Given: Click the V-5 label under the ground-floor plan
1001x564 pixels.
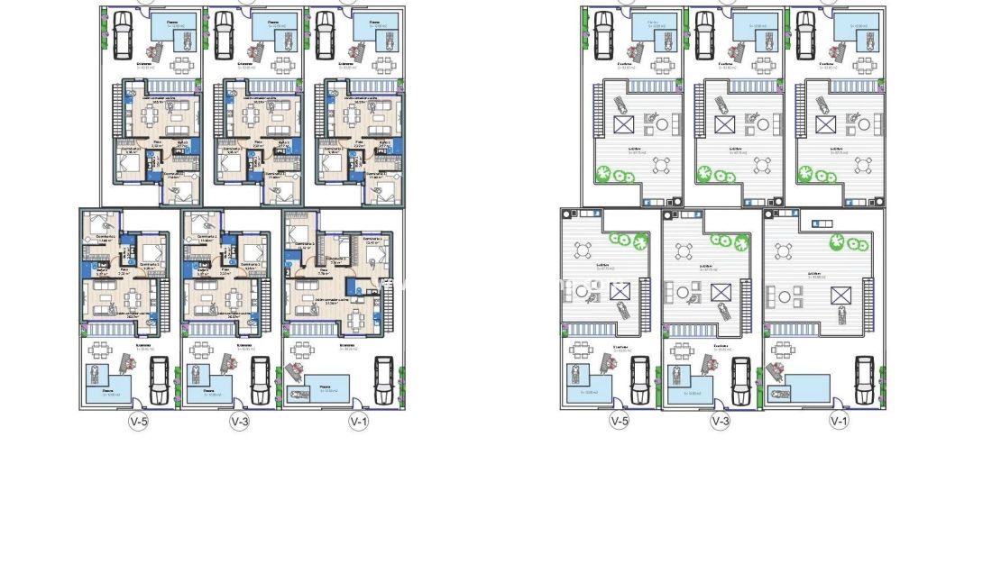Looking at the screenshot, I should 138,421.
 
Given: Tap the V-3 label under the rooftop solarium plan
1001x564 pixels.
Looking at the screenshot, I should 720,421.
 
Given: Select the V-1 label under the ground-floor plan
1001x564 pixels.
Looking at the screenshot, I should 358,421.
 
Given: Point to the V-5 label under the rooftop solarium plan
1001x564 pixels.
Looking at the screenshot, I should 619,421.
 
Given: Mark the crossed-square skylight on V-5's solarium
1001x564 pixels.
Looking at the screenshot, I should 620,290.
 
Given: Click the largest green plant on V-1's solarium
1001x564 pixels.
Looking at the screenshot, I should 838,242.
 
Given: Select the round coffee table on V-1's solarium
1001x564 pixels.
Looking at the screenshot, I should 784,295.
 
